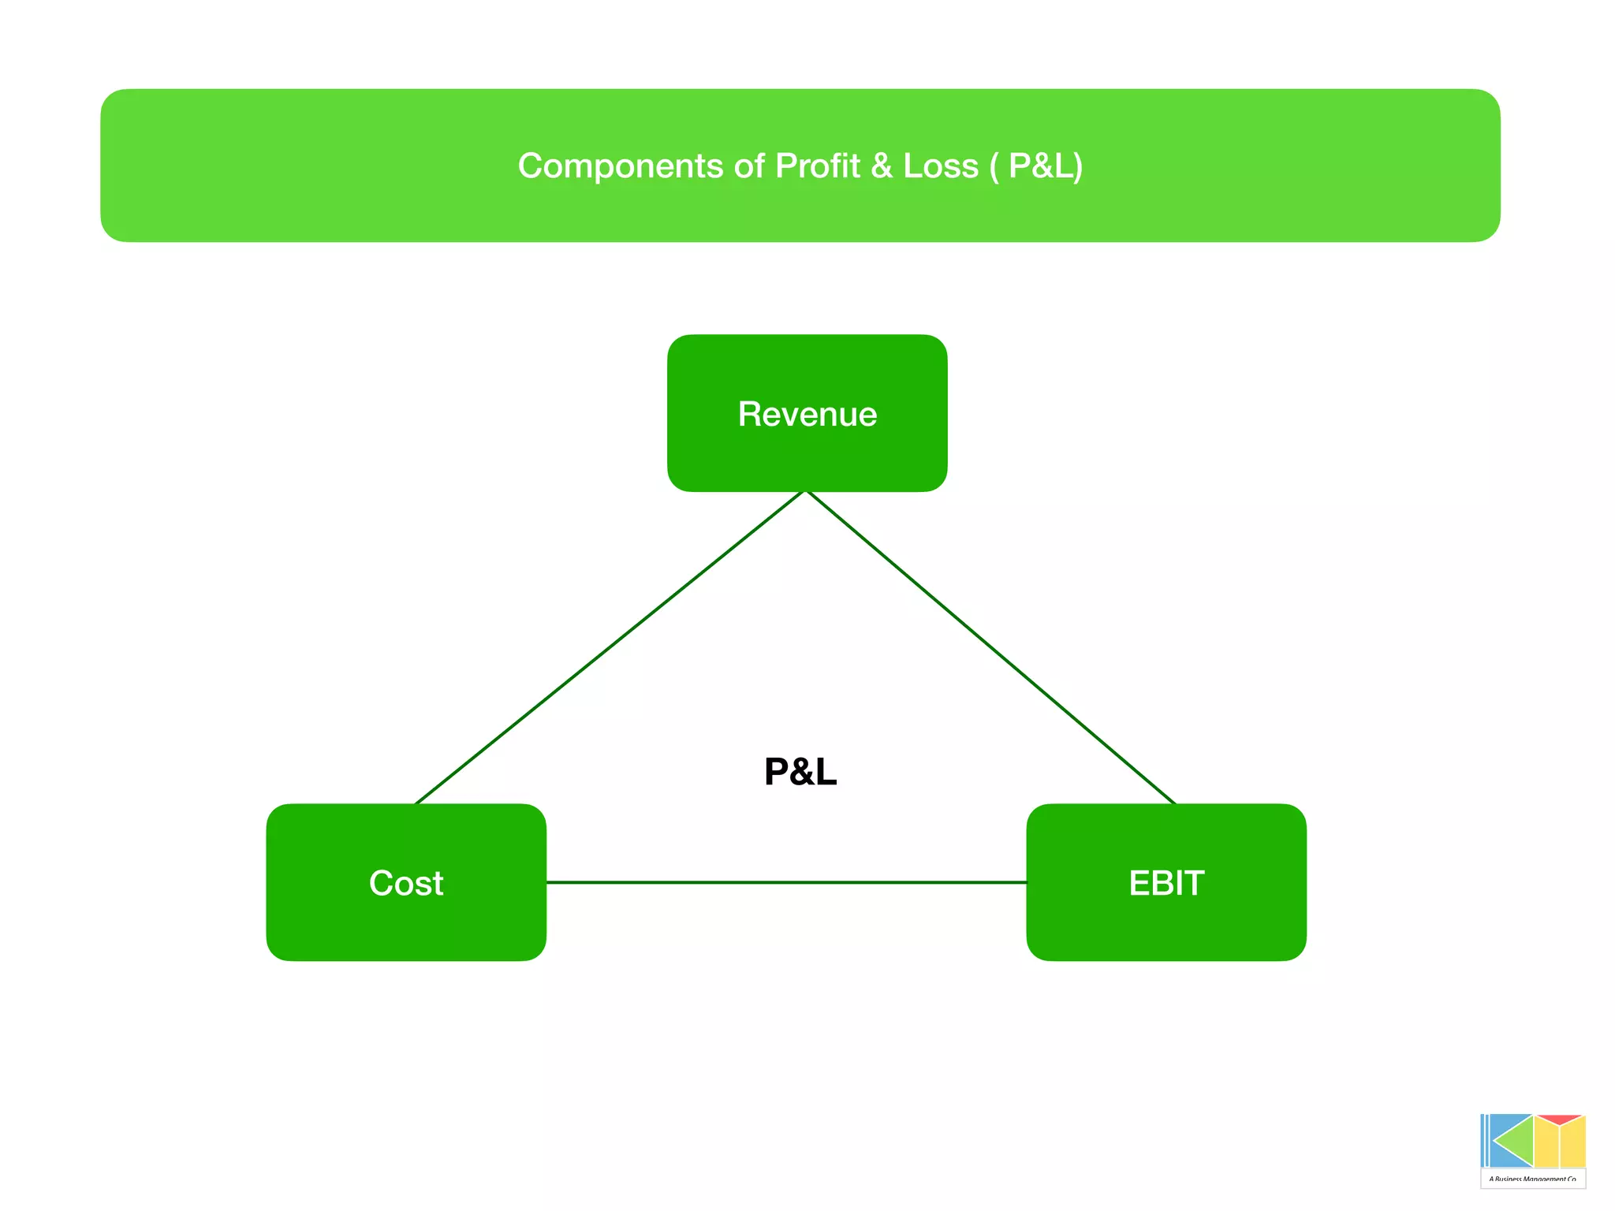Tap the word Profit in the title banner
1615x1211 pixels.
coord(817,166)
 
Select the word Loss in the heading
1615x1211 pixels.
coord(940,166)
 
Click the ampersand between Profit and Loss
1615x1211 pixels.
coord(882,166)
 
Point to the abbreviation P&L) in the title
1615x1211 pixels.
coord(1046,166)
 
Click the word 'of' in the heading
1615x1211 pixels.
coord(749,166)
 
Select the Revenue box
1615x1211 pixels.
coord(807,413)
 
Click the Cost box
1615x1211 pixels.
coord(406,882)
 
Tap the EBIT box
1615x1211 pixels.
coord(1166,882)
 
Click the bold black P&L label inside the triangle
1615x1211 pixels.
coord(800,771)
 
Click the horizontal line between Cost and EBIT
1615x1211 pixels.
coord(786,882)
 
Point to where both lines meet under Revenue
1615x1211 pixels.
coord(805,492)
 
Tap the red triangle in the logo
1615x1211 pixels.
coord(1559,1120)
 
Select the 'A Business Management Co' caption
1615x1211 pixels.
coord(1533,1179)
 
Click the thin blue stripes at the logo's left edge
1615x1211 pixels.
coord(1485,1140)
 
